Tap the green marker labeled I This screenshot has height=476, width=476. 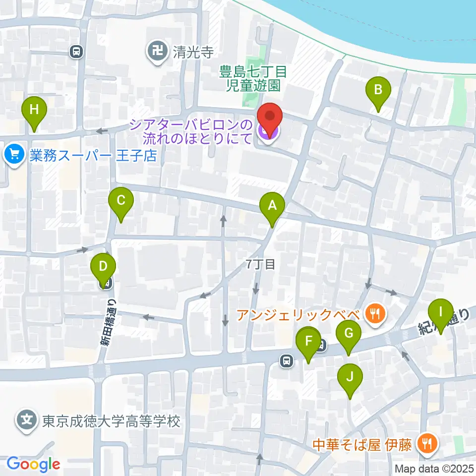(440, 313)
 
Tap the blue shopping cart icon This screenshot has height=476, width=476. (14, 156)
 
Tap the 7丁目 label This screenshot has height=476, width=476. (260, 265)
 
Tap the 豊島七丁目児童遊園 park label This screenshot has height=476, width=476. (254, 79)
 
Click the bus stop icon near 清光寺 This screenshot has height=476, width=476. (76, 51)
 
